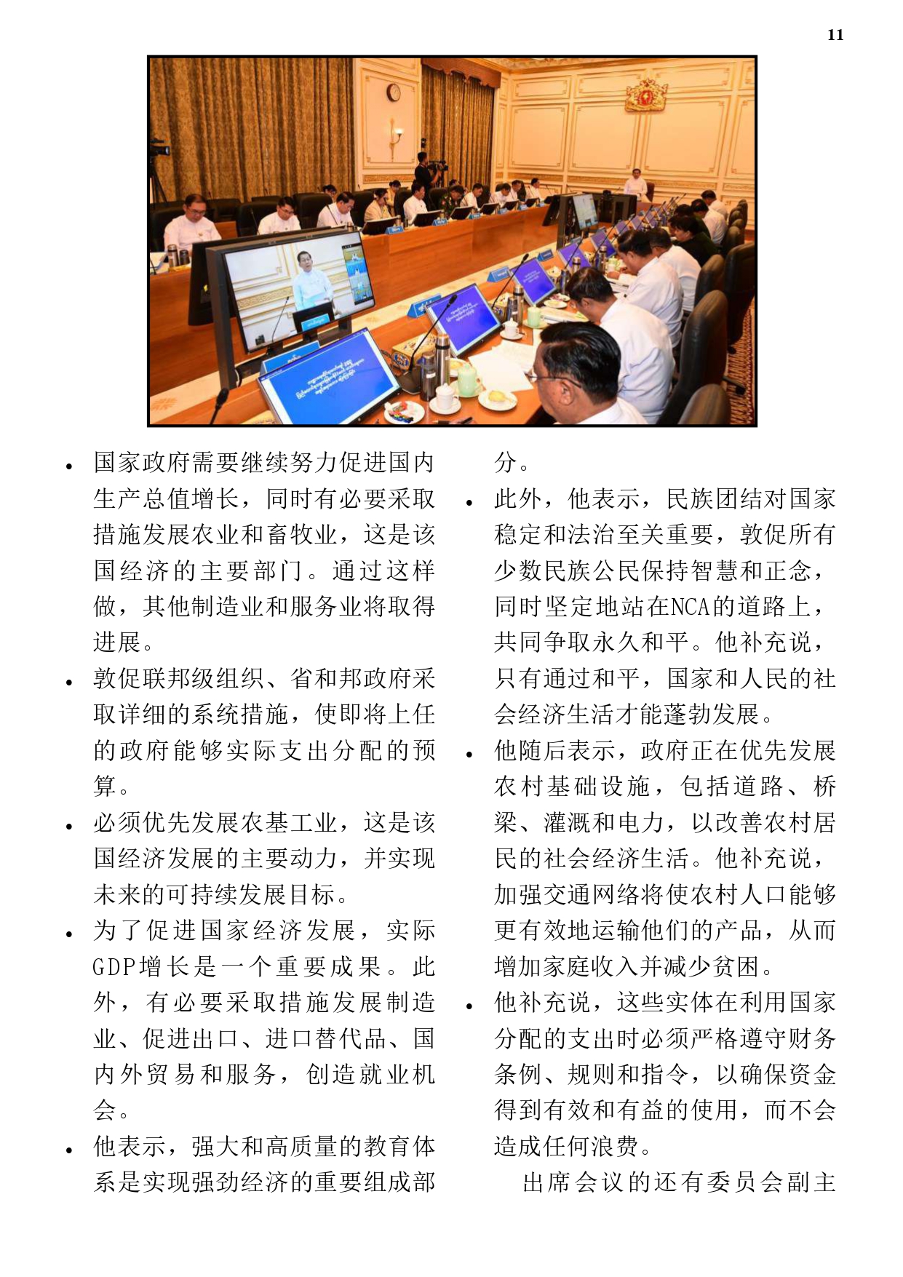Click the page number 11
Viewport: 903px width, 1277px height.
pos(835,35)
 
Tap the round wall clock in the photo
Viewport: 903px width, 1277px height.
pos(394,92)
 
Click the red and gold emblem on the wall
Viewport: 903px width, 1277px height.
pos(646,94)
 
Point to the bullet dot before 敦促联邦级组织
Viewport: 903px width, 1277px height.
pos(69,682)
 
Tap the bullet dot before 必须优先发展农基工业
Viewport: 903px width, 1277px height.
pos(69,826)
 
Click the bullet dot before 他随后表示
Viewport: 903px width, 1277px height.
pos(470,754)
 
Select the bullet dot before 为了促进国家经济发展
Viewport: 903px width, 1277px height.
pos(69,934)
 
